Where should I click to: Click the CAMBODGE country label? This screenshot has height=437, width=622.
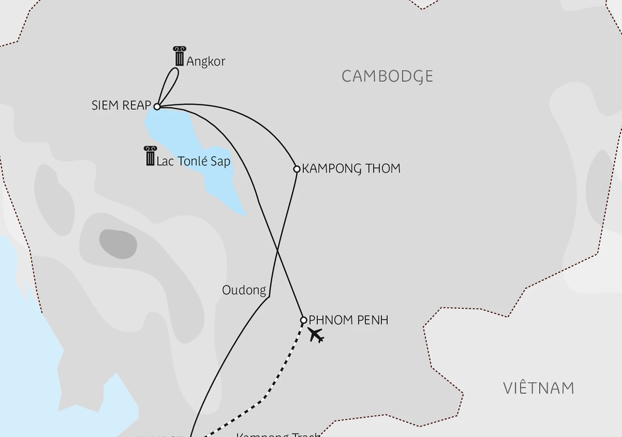(387, 76)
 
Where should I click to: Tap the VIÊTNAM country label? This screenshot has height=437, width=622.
(539, 388)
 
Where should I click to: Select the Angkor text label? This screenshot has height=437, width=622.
(206, 61)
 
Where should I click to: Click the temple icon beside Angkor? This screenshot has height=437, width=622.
(179, 56)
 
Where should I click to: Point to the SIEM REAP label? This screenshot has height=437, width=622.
(121, 105)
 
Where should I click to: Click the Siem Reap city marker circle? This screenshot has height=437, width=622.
(157, 106)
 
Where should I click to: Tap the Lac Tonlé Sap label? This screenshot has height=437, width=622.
(193, 161)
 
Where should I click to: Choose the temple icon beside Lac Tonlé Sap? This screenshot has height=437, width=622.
(150, 156)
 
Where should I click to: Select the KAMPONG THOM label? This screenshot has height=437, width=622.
(351, 168)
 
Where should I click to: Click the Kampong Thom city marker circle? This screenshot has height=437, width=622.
(296, 168)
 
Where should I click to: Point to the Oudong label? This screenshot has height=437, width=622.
(244, 290)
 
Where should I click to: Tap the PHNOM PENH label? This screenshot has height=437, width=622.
(348, 320)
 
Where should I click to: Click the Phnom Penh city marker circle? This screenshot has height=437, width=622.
(304, 320)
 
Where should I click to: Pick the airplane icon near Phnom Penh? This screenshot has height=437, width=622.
(316, 335)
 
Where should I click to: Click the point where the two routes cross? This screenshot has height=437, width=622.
(278, 251)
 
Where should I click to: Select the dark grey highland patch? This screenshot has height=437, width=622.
(118, 244)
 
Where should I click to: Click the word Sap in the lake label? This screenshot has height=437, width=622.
(221, 161)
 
